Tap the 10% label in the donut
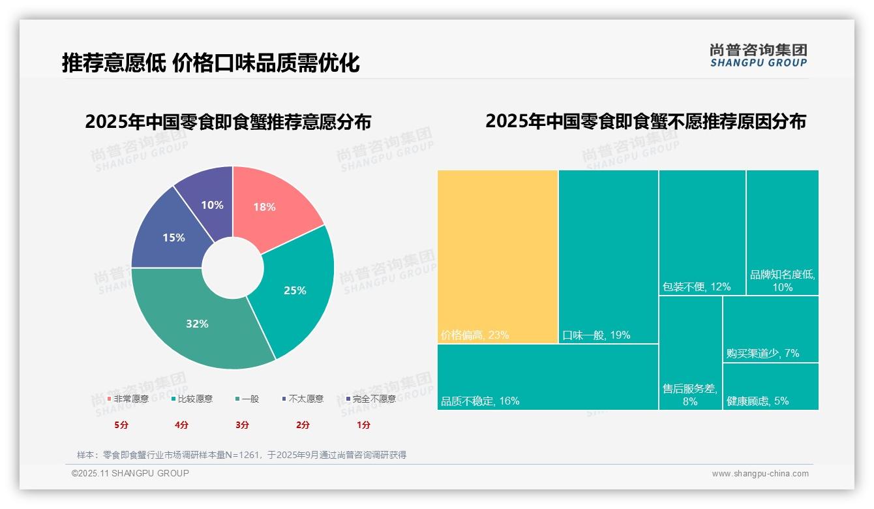(x=212, y=205)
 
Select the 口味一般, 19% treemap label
(x=596, y=335)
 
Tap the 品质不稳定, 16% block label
(x=480, y=401)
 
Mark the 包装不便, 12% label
(x=696, y=286)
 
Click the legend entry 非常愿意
(x=128, y=399)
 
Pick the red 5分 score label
(x=122, y=425)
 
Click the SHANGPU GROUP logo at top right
(x=758, y=55)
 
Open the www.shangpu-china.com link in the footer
(x=760, y=474)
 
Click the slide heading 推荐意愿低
(x=113, y=63)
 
